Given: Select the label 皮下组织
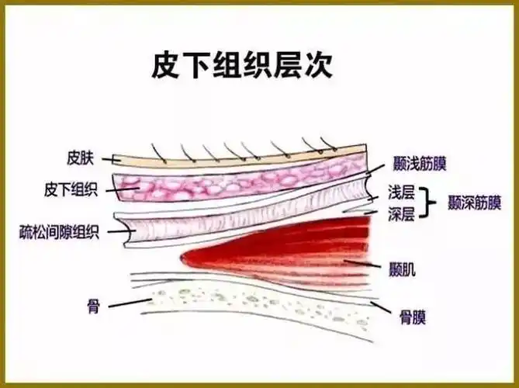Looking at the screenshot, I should tap(71, 189).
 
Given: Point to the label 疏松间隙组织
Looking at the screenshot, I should tap(60, 231).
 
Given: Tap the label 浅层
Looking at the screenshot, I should tap(403, 192).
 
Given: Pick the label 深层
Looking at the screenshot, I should tap(403, 213).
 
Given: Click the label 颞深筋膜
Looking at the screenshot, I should tap(474, 203).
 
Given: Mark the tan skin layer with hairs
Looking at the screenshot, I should tap(233, 160).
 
